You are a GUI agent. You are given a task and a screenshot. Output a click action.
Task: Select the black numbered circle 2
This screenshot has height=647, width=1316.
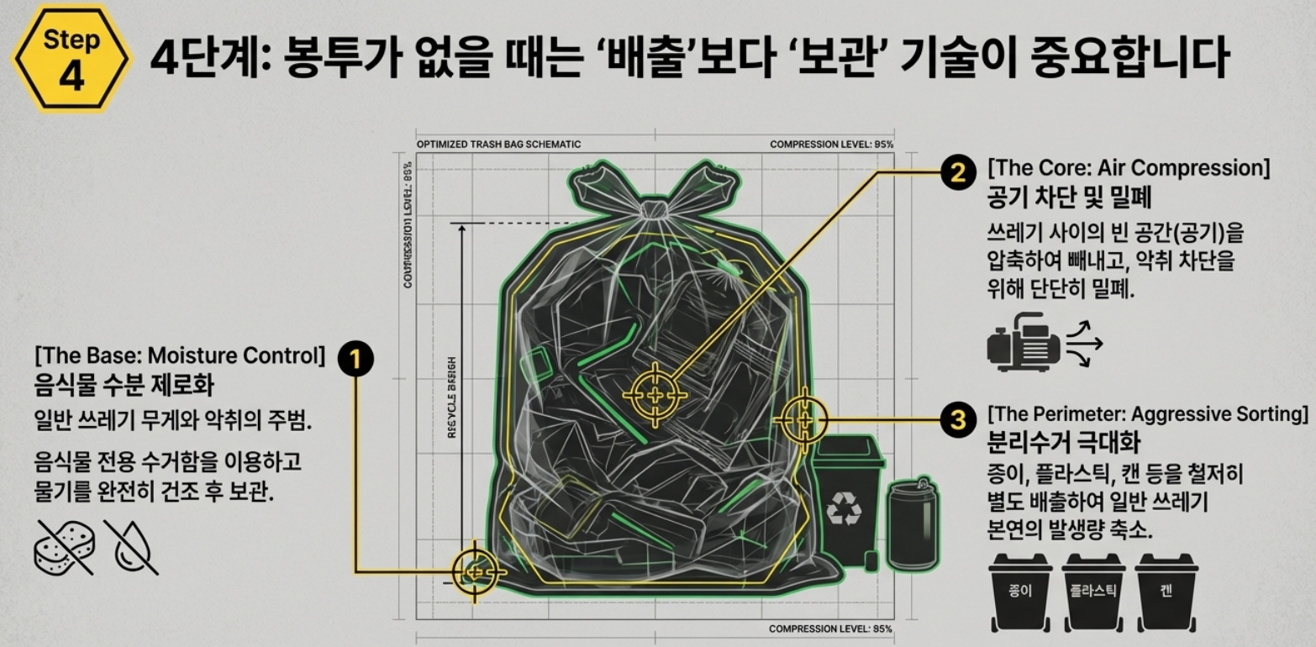pos(956,171)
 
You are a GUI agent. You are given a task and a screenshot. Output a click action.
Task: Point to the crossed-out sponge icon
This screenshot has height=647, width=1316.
pos(66,546)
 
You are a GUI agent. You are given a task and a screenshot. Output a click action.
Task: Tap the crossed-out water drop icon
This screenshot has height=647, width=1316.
pos(130,546)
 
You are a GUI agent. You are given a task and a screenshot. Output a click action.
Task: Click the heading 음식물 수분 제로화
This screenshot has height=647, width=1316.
pos(124,386)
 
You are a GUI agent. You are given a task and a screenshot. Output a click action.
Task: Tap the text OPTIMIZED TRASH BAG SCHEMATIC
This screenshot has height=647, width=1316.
pos(498,145)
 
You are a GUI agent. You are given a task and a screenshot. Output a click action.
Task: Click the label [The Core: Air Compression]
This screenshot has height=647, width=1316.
pos(1129,168)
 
